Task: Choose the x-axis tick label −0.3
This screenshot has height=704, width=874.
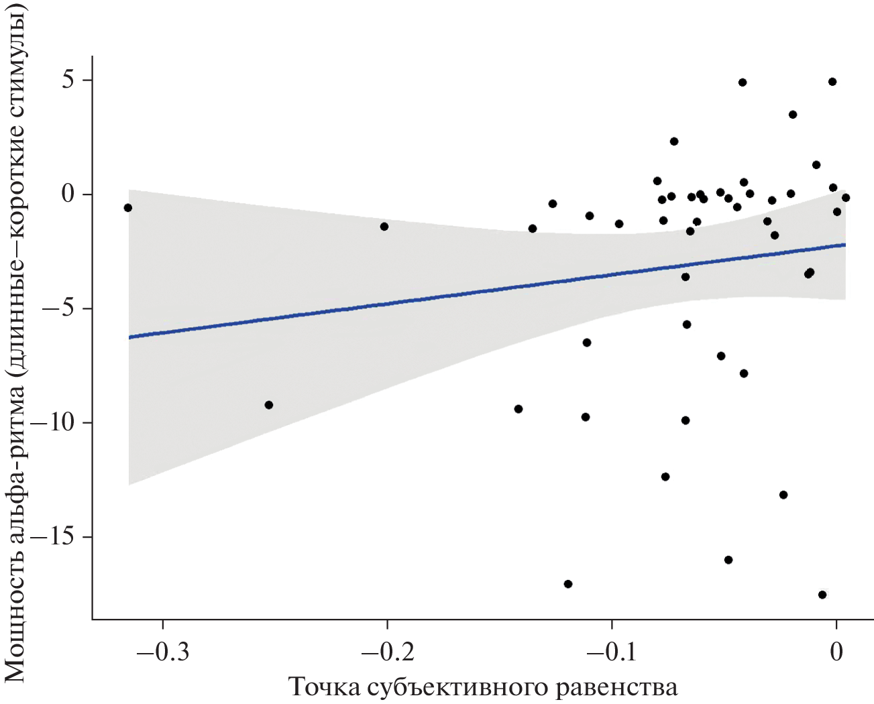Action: click(x=162, y=651)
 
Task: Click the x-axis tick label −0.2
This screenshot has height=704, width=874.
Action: click(x=387, y=651)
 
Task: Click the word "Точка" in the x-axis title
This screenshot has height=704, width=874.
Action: click(x=324, y=687)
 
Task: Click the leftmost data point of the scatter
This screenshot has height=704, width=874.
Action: click(x=128, y=208)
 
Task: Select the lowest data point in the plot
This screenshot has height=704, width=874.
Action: click(x=822, y=595)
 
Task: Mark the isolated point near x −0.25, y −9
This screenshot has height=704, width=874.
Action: click(x=269, y=405)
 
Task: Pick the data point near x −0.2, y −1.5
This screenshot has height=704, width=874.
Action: click(x=384, y=227)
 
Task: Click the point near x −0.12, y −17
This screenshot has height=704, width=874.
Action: click(x=568, y=584)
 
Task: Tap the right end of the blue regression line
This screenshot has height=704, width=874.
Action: click(x=845, y=245)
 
